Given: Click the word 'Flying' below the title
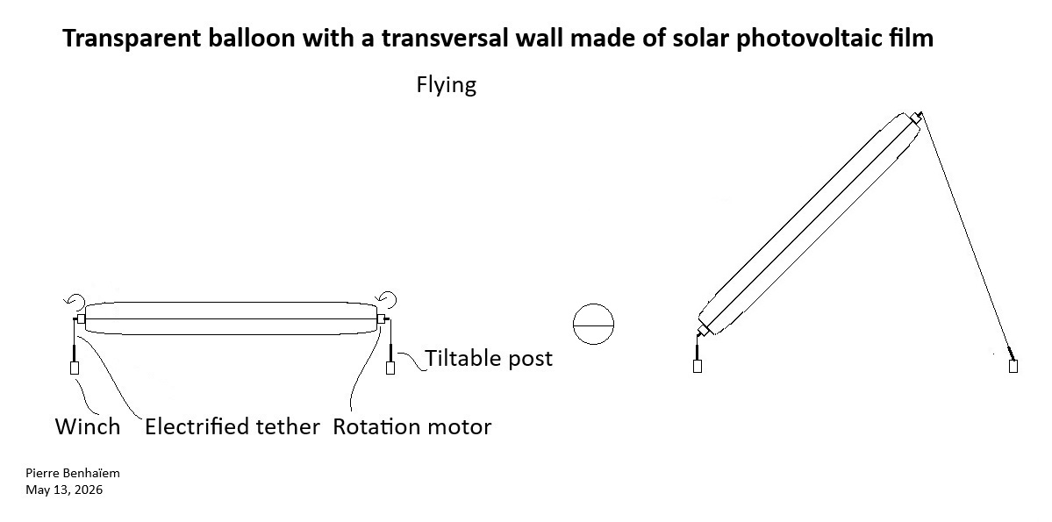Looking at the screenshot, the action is [447, 85].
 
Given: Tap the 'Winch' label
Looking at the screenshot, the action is [87, 426].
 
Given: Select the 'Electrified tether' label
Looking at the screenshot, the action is [233, 426].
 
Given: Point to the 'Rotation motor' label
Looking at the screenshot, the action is [412, 426].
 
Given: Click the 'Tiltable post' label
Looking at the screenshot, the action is [489, 358].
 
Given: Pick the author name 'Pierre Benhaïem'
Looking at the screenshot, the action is [73, 473].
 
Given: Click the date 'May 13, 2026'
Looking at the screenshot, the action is [64, 490].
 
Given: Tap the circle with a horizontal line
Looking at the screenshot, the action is [594, 324].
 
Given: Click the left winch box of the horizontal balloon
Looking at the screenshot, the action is [75, 368].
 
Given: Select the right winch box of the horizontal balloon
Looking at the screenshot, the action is [390, 368].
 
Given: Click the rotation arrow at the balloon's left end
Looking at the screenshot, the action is [75, 298].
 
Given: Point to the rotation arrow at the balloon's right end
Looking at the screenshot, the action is [387, 298].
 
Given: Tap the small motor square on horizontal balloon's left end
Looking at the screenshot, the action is [82, 318].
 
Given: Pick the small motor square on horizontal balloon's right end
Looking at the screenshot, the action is [381, 318].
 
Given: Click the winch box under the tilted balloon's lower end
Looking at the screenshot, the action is [698, 366].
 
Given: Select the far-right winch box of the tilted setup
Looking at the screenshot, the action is [1013, 366].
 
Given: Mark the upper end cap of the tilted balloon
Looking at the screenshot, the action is [916, 118].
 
